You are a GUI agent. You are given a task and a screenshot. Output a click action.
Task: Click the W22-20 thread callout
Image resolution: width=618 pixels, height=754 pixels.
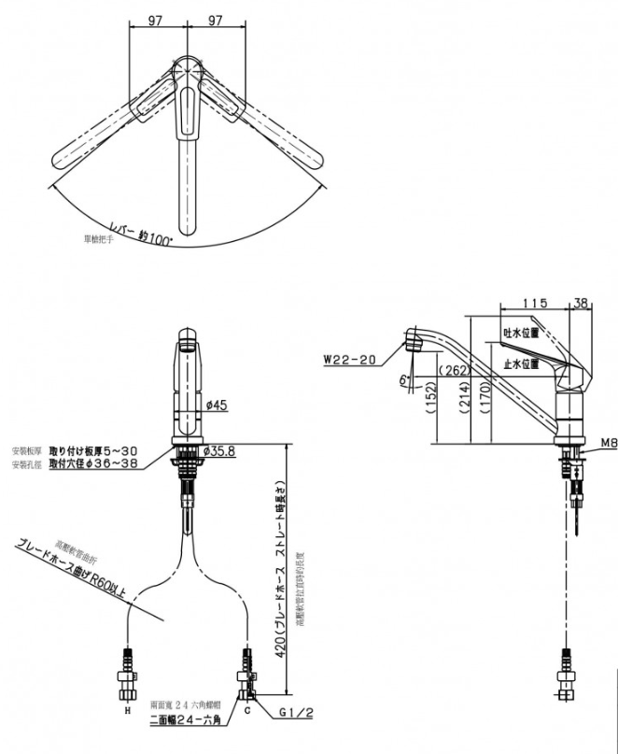pos(350,356)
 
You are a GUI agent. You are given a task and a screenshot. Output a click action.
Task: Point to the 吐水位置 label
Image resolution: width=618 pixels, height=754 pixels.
pos(521,332)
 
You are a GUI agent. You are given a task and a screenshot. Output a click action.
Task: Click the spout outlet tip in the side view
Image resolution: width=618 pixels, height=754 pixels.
pos(414,340)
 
